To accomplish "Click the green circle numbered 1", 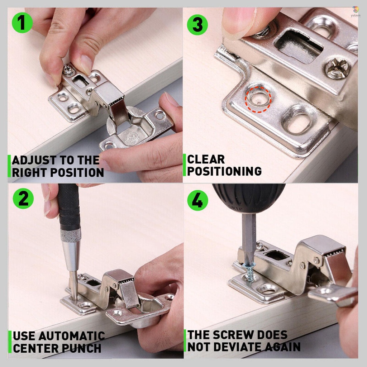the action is pyautogui.click(x=22, y=23).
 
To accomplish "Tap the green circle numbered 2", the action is pyautogui.click(x=23, y=199).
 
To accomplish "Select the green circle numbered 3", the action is pyautogui.click(x=197, y=25).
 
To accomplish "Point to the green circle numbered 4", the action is pyautogui.click(x=197, y=200).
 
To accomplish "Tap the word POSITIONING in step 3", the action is pyautogui.click(x=224, y=171).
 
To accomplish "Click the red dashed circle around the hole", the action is pyautogui.click(x=258, y=99).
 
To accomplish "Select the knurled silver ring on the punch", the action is pyautogui.click(x=71, y=235).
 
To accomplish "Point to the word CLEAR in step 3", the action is pyautogui.click(x=206, y=159).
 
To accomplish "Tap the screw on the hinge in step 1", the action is pyautogui.click(x=68, y=69).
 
